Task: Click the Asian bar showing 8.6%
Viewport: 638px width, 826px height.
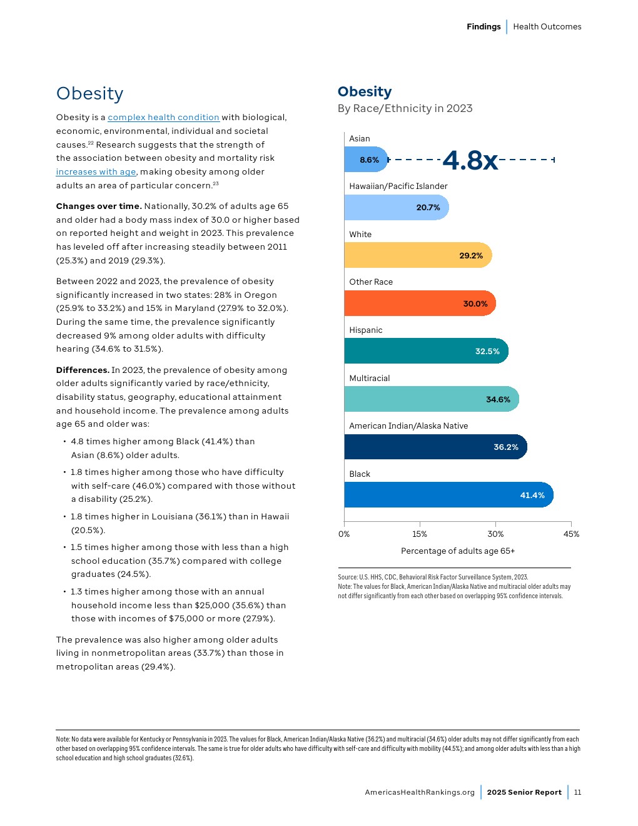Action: click(366, 160)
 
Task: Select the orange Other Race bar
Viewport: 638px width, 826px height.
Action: click(419, 303)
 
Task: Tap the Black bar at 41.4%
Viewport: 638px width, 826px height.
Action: click(448, 495)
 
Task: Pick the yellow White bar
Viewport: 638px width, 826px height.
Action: click(417, 255)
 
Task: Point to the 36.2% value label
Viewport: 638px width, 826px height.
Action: click(506, 447)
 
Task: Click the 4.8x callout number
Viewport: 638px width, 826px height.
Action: click(470, 160)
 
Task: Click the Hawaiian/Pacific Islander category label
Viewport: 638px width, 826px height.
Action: click(398, 186)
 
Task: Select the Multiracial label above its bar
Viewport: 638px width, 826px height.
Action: click(369, 379)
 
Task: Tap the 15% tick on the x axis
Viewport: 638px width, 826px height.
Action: click(420, 534)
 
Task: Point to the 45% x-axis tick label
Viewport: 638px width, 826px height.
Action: click(571, 534)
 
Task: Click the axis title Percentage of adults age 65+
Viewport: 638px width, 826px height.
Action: click(458, 551)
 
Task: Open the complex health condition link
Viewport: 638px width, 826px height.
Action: click(163, 118)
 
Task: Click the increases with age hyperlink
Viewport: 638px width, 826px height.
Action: click(96, 172)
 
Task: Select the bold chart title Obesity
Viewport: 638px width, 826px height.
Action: click(365, 92)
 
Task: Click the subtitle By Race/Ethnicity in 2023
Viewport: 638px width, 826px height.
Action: click(405, 109)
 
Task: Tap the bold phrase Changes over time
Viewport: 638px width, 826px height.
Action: click(98, 206)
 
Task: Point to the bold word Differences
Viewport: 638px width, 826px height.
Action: click(83, 370)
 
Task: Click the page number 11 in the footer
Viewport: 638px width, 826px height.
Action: click(577, 792)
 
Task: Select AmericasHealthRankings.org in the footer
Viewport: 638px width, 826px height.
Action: click(420, 792)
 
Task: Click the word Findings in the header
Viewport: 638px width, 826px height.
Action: click(484, 27)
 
